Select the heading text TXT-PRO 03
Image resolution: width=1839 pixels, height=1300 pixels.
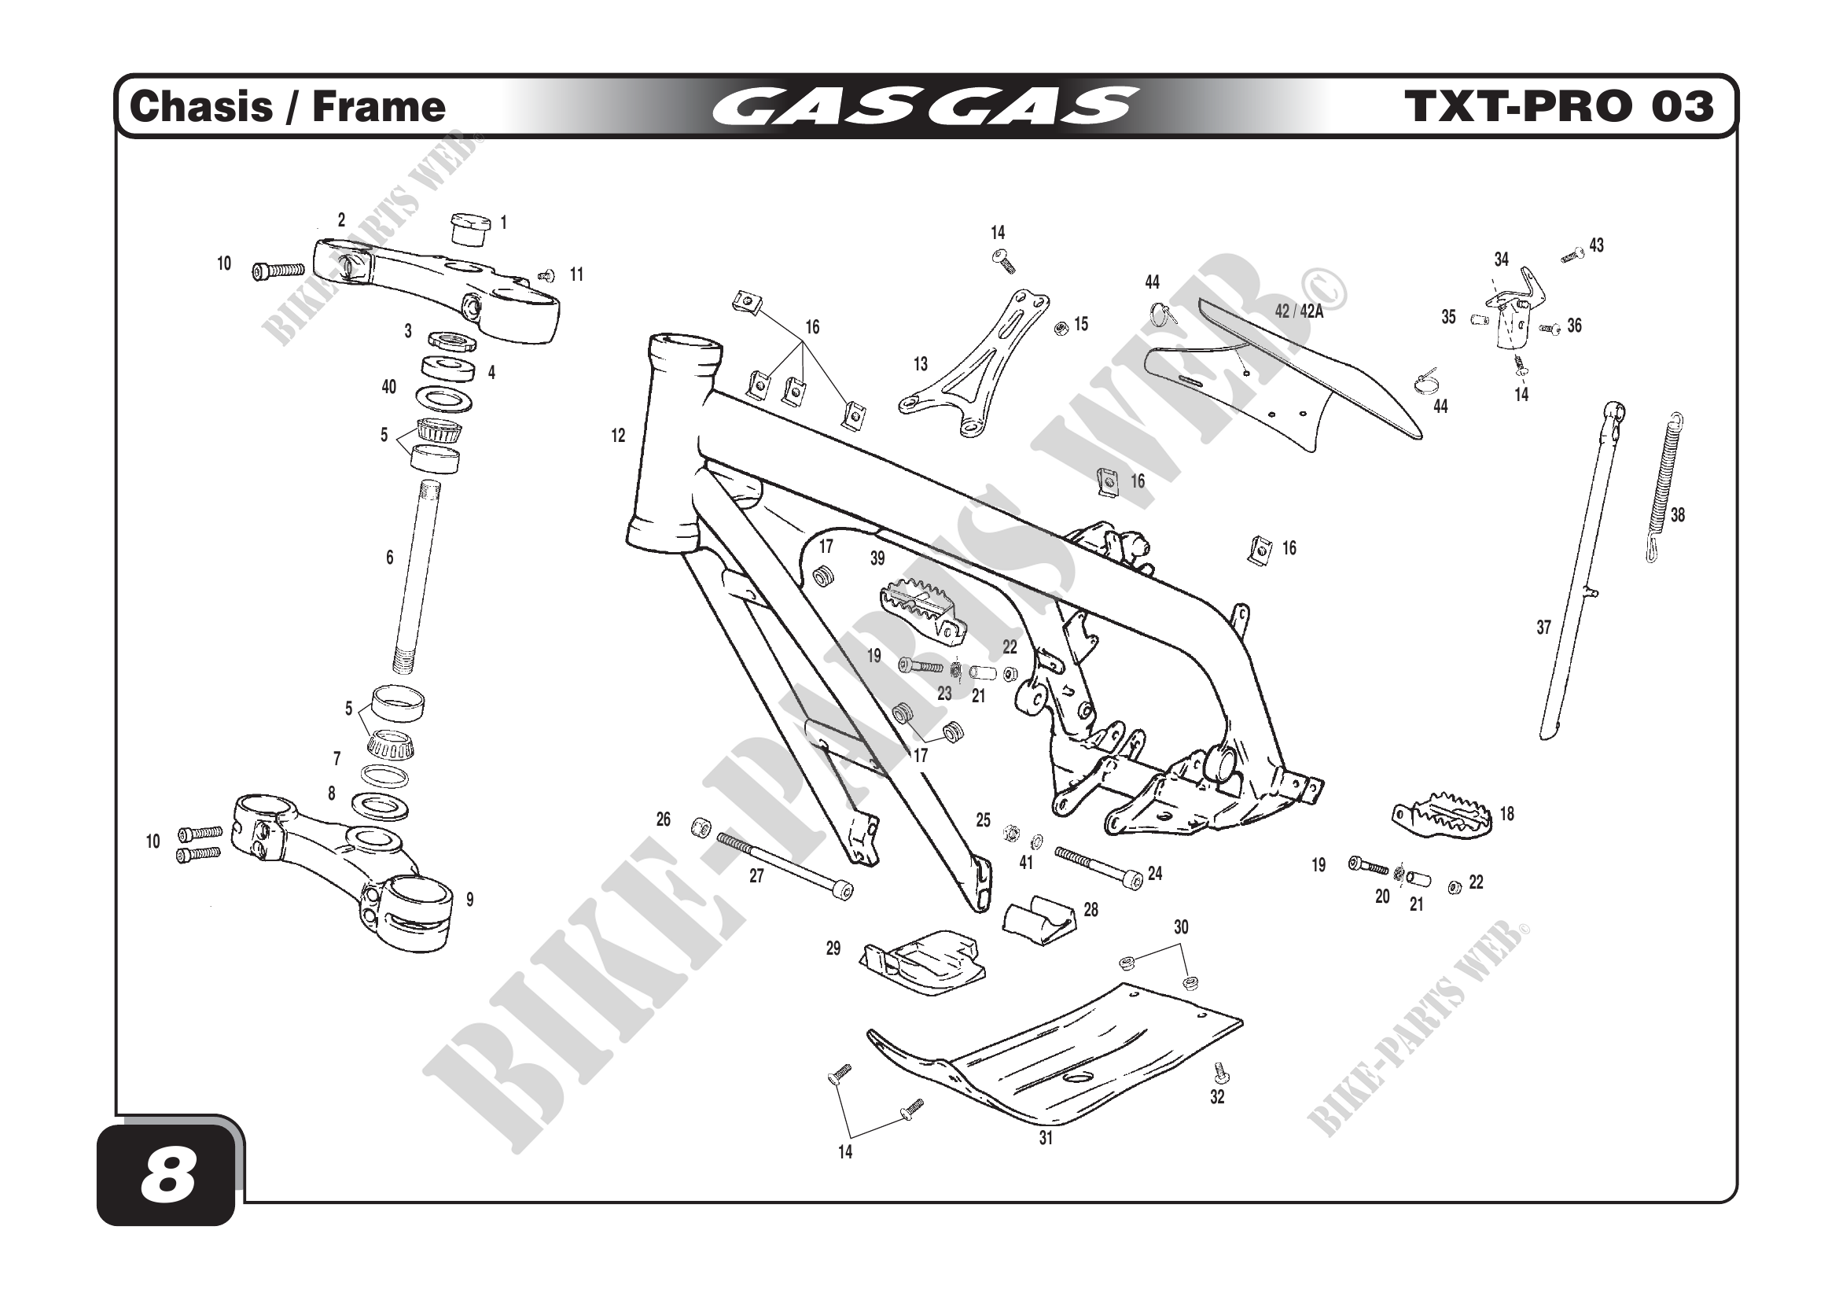tap(1558, 107)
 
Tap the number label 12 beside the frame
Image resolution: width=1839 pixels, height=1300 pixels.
tap(618, 436)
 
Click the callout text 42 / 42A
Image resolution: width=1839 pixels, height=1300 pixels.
tap(1298, 311)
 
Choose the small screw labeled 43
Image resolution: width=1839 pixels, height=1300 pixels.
tap(1572, 256)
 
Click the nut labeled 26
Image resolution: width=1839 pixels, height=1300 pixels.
tap(701, 827)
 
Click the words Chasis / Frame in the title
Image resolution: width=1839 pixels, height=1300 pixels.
tap(287, 107)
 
